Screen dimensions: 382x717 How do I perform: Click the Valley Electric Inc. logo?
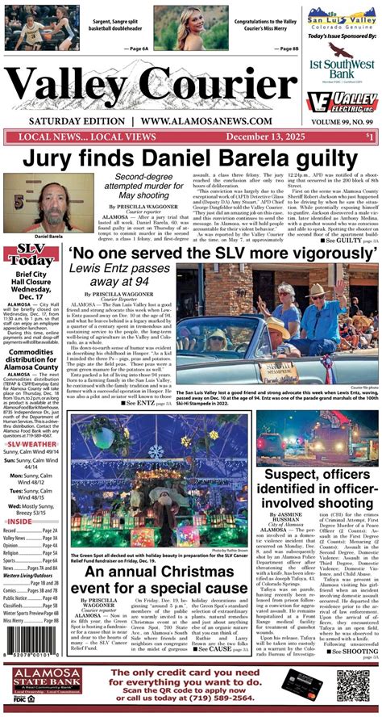pyautogui.click(x=343, y=103)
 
